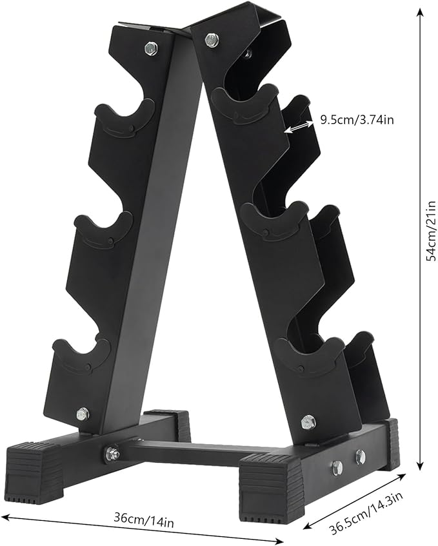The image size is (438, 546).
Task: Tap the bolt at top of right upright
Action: (211, 39)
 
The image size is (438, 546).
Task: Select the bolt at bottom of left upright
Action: (83, 413)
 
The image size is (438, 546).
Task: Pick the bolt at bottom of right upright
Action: (308, 422)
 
